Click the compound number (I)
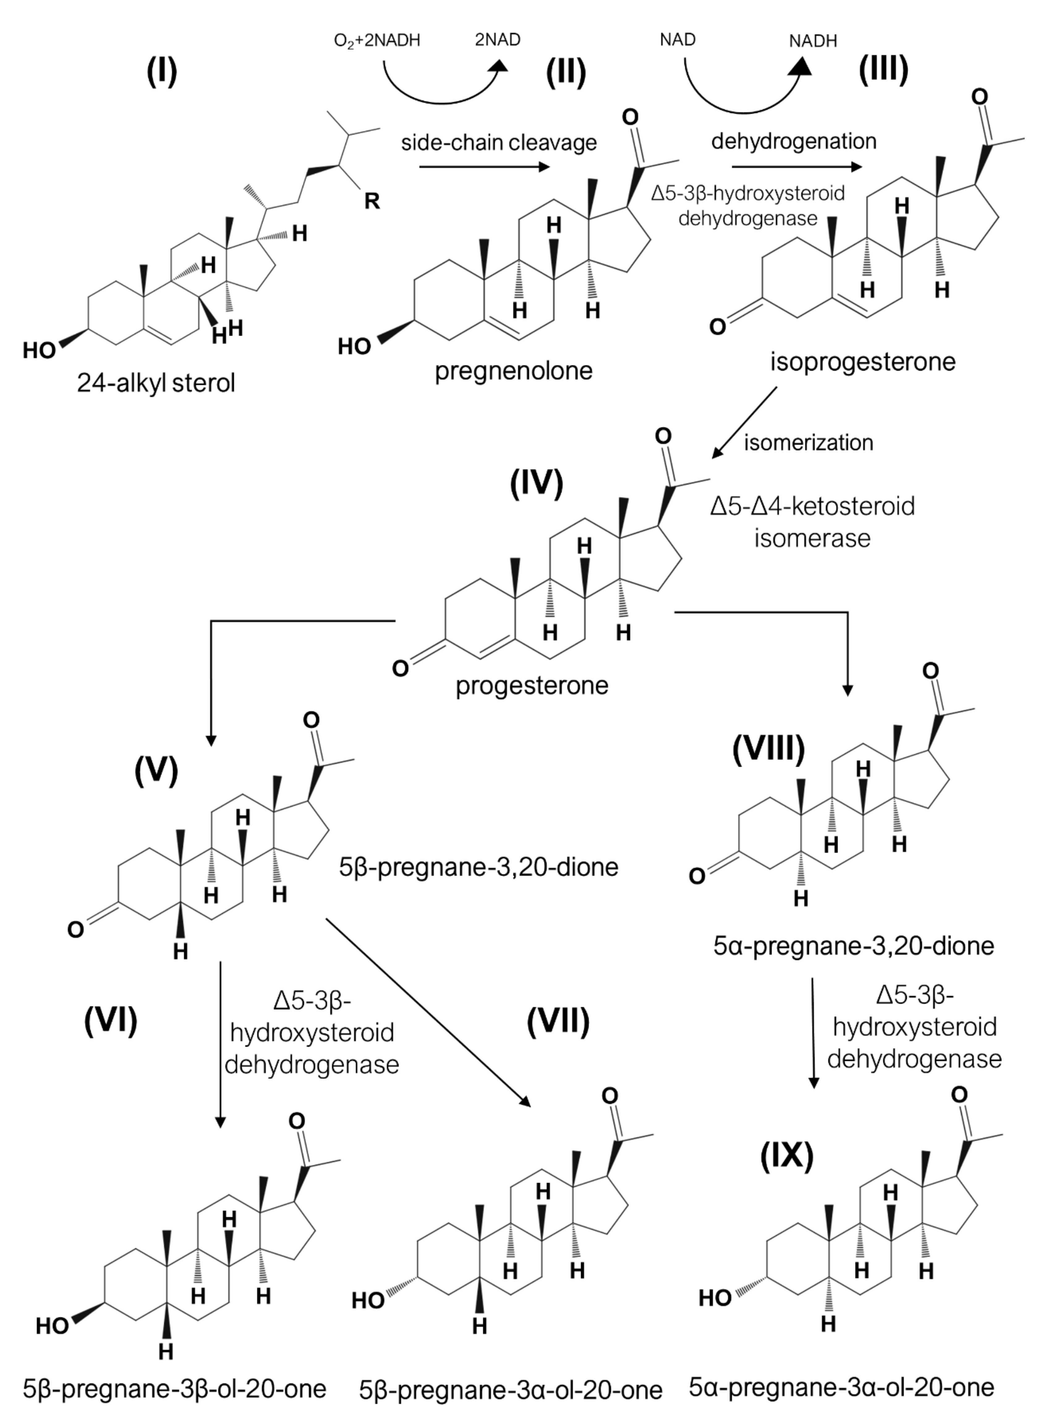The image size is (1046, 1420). pos(162,71)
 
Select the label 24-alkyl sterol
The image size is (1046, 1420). pos(156,383)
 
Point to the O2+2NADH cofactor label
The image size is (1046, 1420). pos(377,41)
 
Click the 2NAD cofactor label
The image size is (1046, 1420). pos(498,40)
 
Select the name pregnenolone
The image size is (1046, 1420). pos(513,370)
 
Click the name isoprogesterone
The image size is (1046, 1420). pos(862,362)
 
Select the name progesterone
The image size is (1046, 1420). pos(532,685)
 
